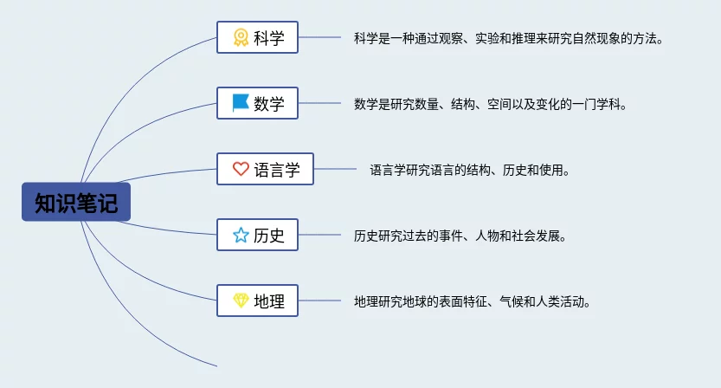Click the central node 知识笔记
[x=76, y=202]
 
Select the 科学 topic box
[x=258, y=37]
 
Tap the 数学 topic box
[x=258, y=103]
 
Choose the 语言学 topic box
[x=266, y=169]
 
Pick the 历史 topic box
[x=258, y=235]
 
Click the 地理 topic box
[x=258, y=301]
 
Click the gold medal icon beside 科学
[x=241, y=37]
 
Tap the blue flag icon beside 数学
[x=241, y=103]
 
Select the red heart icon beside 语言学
[x=241, y=169]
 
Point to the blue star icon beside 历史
[x=241, y=235]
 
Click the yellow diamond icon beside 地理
[x=241, y=301]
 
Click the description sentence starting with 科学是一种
[x=509, y=38]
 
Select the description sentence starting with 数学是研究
[x=491, y=104]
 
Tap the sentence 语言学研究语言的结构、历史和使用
[x=470, y=171]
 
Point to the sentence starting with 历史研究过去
[x=460, y=236]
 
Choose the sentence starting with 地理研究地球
[x=473, y=302]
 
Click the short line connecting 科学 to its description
[x=319, y=37]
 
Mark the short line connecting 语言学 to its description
[x=335, y=169]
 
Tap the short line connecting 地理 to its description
[x=319, y=301]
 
